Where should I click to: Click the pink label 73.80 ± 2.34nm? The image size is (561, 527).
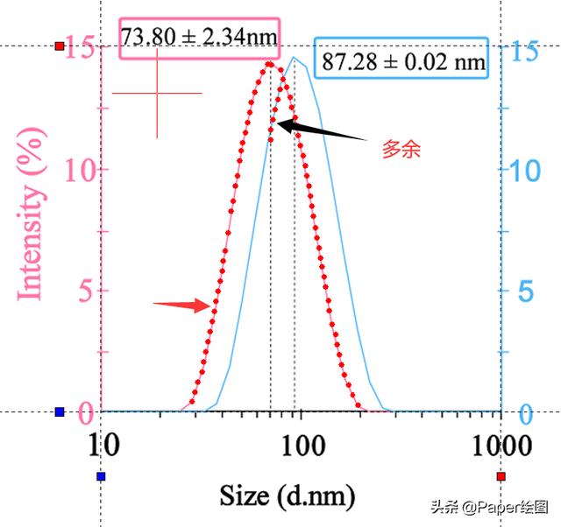199,38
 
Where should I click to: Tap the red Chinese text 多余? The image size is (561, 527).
401,150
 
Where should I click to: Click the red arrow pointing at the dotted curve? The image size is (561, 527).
182,305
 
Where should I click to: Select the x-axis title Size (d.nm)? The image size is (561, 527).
288,495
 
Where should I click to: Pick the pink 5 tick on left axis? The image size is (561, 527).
86,290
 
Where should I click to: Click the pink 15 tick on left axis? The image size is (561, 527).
81,49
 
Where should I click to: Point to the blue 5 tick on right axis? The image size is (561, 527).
525,292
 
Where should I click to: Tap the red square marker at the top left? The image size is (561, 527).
60,46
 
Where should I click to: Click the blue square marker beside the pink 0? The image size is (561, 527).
60,411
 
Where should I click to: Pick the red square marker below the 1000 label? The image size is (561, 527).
501,476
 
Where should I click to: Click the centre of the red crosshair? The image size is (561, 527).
157,93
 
